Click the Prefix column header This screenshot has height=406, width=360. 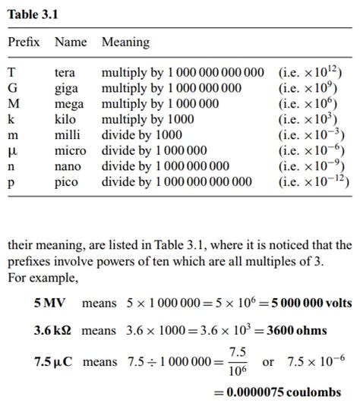tap(24, 42)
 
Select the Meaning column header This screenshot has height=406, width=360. tap(125, 42)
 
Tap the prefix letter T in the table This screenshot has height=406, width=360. tap(11, 74)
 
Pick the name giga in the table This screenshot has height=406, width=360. tap(66, 89)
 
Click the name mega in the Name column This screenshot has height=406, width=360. tap(69, 104)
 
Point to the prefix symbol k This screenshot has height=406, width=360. tap(11, 119)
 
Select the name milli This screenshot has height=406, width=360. tap(68, 135)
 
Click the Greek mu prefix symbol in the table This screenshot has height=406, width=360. tap(11, 151)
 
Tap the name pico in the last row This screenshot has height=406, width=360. tap(67, 181)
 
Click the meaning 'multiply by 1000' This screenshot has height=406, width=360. tap(147, 119)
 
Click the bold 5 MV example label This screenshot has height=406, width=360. tap(49, 304)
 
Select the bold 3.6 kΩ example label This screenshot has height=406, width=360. tap(52, 331)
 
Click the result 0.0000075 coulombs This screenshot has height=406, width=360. tap(277, 392)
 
